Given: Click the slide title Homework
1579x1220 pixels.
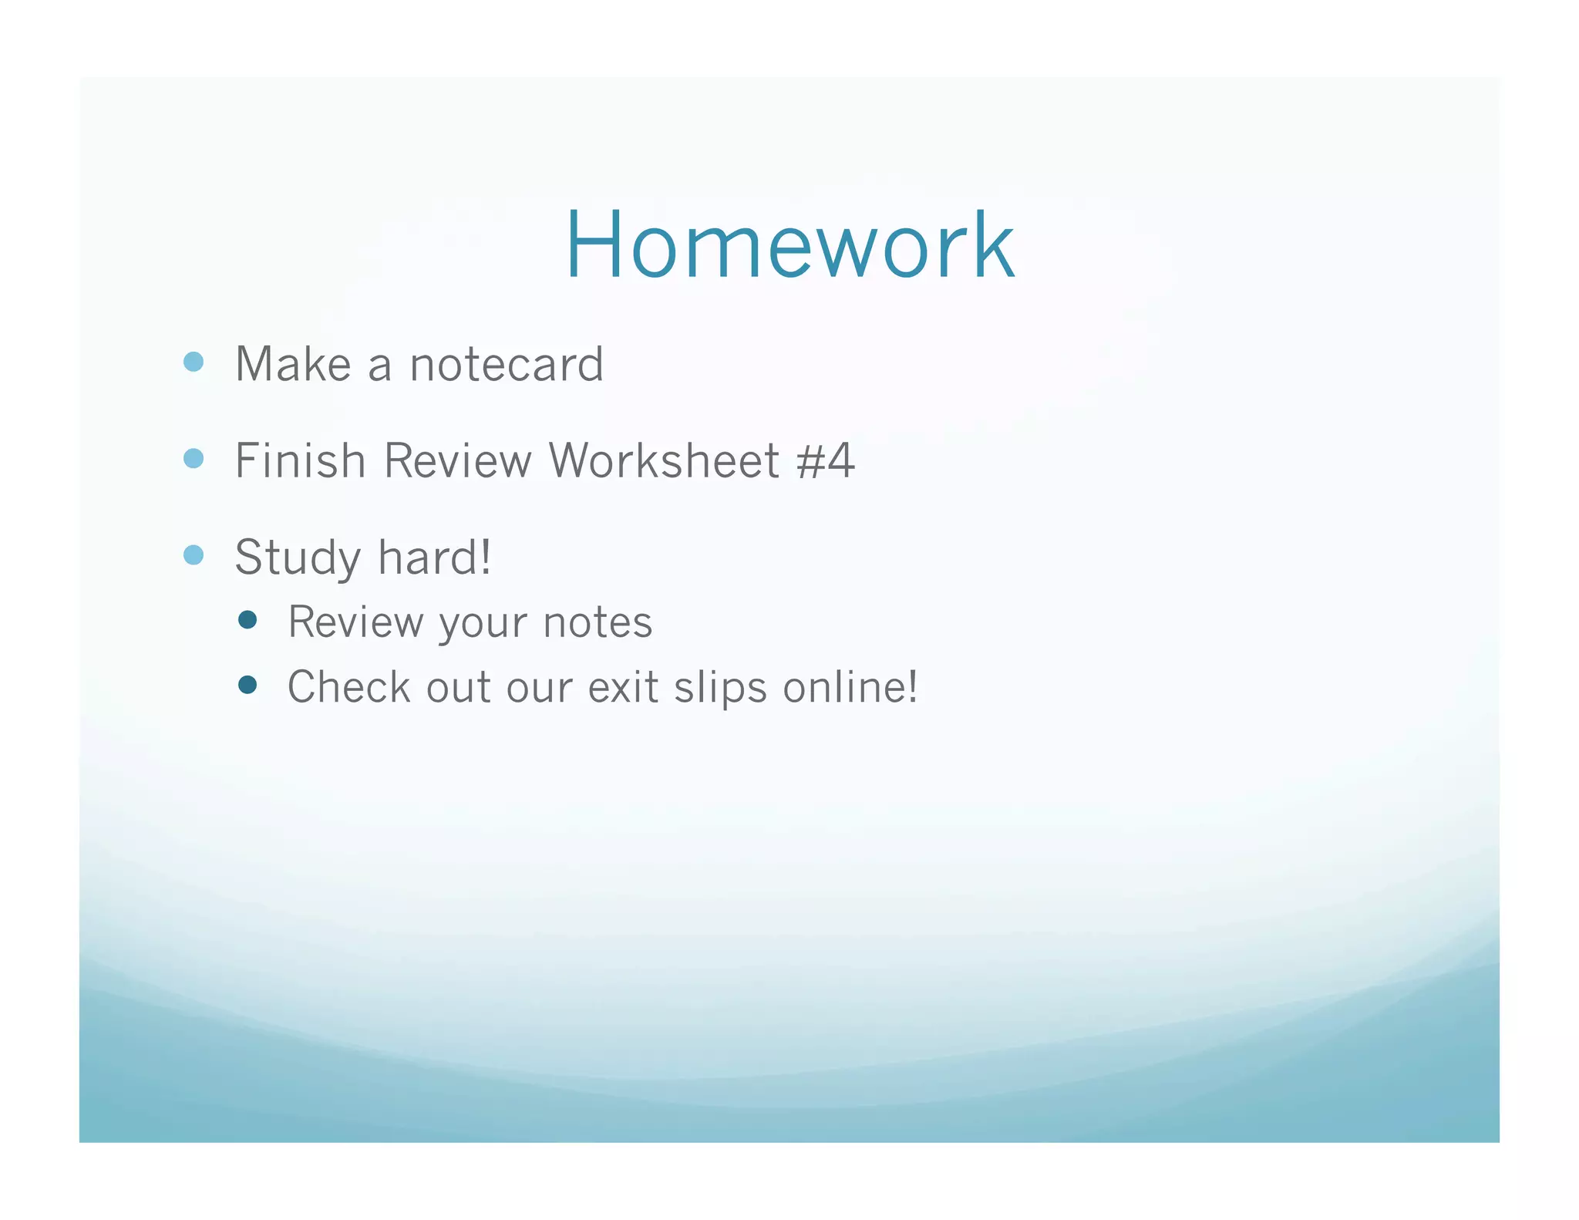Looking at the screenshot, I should pyautogui.click(x=789, y=245).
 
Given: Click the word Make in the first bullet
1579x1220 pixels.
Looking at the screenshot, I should pyautogui.click(x=293, y=364).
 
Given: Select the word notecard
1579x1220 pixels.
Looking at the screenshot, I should pyautogui.click(x=507, y=364).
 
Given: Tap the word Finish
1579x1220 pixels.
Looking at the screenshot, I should pyautogui.click(x=300, y=460).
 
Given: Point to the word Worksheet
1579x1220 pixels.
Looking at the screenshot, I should pyautogui.click(x=664, y=460).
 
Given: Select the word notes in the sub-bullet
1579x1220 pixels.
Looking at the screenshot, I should pyautogui.click(x=598, y=622).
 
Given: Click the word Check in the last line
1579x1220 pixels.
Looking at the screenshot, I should pyautogui.click(x=349, y=686).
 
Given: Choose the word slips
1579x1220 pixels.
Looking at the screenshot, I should pyautogui.click(x=721, y=688).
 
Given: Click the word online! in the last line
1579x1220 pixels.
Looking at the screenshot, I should pyautogui.click(x=850, y=686).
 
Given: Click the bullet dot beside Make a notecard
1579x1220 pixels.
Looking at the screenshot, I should pyautogui.click(x=194, y=362).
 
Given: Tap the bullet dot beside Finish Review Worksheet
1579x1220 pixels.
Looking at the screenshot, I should pyautogui.click(x=194, y=459).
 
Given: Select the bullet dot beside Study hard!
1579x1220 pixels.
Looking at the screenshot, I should pyautogui.click(x=194, y=555).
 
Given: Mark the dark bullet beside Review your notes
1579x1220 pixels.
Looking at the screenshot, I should pyautogui.click(x=247, y=620).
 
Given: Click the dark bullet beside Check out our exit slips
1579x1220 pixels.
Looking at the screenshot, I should pyautogui.click(x=247, y=685).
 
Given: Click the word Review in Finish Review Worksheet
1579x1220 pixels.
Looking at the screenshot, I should pyautogui.click(x=457, y=460).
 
